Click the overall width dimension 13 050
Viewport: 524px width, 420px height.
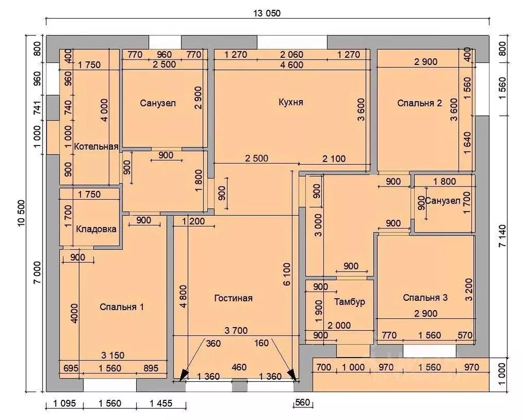coord(267,13)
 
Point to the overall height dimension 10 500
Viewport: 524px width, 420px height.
coord(21,213)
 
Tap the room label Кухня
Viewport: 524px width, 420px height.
coord(291,102)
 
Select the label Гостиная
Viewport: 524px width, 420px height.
coord(233,298)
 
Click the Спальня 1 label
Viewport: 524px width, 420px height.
coord(121,307)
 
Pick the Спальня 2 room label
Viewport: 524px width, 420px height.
coord(420,103)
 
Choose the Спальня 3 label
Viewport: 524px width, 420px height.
coord(425,297)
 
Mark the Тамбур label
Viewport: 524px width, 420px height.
coord(350,302)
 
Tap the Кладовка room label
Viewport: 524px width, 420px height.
coord(96,229)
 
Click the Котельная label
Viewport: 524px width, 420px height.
coord(96,147)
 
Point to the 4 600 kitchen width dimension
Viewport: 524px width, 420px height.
coord(292,65)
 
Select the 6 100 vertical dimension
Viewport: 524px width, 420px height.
coord(287,274)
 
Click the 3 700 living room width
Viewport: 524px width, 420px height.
coord(236,330)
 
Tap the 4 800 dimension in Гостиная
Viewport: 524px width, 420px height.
coord(183,296)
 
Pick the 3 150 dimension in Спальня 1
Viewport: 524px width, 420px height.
coord(113,355)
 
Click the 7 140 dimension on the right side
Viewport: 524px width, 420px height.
coord(502,236)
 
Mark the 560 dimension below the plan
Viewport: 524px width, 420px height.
coord(303,402)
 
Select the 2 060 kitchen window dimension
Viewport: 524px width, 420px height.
coord(292,55)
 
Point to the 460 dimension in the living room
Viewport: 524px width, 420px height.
coord(239,367)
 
